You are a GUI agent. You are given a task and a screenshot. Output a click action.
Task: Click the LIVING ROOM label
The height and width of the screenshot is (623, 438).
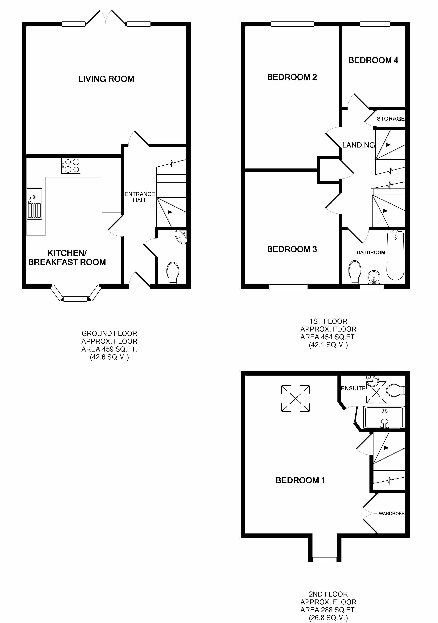106,79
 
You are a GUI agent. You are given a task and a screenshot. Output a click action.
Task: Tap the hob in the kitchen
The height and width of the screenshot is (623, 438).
71,165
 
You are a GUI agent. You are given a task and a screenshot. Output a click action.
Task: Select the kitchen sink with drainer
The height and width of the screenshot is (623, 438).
34,204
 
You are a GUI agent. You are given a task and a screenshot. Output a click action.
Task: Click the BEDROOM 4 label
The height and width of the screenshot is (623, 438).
373,60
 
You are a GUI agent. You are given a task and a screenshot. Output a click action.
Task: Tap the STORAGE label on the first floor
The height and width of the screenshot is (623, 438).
390,119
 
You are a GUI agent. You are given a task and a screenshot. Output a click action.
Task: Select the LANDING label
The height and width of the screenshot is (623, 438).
358,145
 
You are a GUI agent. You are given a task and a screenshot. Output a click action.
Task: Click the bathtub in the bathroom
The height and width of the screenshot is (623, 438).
395,255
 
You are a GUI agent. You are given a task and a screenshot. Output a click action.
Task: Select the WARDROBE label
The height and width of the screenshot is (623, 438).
391,513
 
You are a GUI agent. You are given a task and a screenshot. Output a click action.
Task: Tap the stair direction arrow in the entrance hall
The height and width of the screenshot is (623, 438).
166,212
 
